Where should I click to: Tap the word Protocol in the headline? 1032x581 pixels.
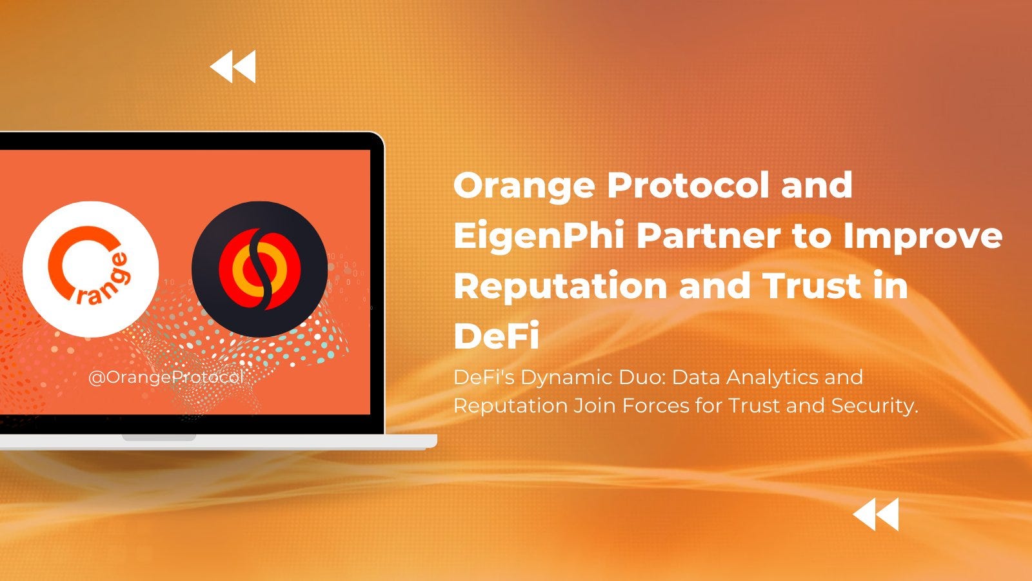point(688,185)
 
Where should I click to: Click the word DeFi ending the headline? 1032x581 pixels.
point(496,336)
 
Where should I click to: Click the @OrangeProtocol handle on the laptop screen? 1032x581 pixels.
point(166,377)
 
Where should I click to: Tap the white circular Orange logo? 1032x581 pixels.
point(90,269)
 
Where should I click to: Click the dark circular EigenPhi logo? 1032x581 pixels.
point(259,269)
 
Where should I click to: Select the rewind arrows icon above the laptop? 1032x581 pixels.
point(233,66)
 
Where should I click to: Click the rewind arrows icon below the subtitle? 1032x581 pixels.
point(876,515)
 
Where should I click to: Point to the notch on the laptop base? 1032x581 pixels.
point(159,438)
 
